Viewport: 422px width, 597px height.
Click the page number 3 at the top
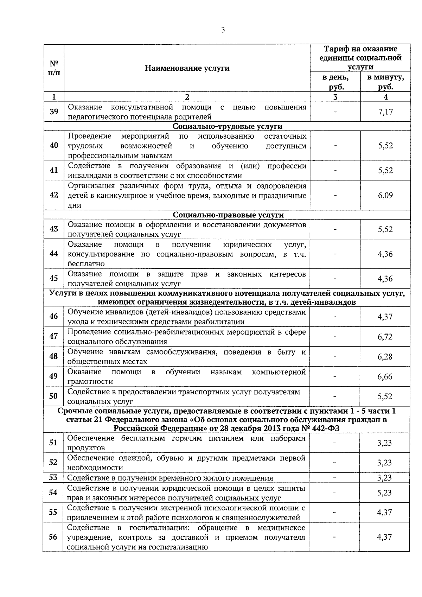pos(223,30)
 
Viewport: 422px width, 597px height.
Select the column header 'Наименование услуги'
pos(187,68)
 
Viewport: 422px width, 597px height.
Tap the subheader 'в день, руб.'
pos(335,82)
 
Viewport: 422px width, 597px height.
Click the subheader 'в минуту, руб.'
pos(385,82)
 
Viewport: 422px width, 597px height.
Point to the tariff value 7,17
pos(385,112)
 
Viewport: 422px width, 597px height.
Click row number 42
pos(54,195)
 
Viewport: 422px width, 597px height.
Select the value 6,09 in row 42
pos(385,195)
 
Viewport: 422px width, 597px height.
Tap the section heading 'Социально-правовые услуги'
pos(228,215)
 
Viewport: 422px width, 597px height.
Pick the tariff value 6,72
pos(385,337)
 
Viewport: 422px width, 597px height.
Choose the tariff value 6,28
pos(385,357)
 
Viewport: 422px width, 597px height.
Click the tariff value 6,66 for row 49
pos(385,376)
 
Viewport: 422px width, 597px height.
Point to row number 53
pos(53,477)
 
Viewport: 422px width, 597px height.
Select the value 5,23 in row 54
pos(385,493)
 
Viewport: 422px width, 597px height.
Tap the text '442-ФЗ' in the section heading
pos(326,428)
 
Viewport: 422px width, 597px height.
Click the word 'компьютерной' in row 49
pos(279,372)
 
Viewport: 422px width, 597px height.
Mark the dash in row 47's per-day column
pos(335,337)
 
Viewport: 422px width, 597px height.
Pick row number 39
pos(54,112)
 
